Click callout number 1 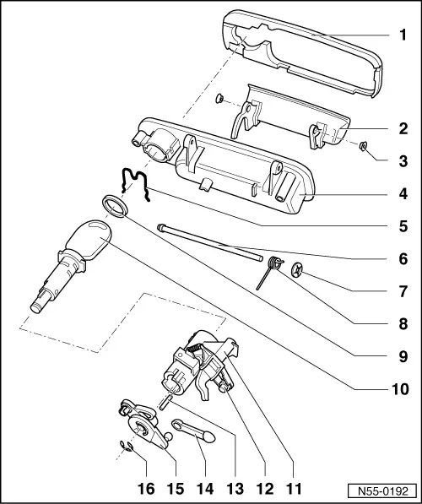coord(403,36)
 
